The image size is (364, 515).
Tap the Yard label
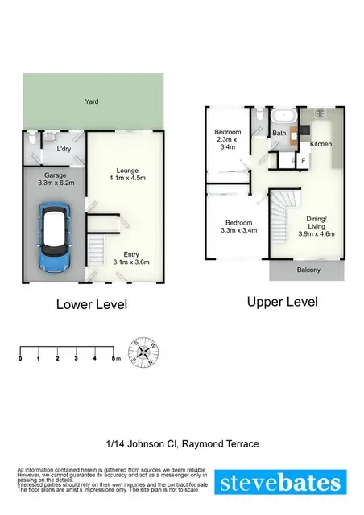tap(92, 101)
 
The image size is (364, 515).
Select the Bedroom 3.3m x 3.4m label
tap(238, 227)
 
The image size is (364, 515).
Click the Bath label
tap(279, 134)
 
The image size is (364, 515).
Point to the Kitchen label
tap(321, 144)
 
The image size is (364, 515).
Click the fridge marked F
tap(303, 161)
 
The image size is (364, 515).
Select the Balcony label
tap(308, 270)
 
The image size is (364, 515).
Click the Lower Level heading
tap(91, 305)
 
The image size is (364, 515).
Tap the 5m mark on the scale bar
tap(116, 358)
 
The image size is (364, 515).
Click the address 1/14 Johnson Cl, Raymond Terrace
tap(182, 443)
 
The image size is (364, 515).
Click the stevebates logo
tap(282, 483)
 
